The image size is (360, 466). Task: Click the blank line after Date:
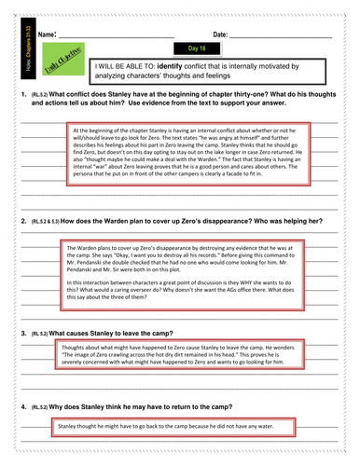click(280, 35)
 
